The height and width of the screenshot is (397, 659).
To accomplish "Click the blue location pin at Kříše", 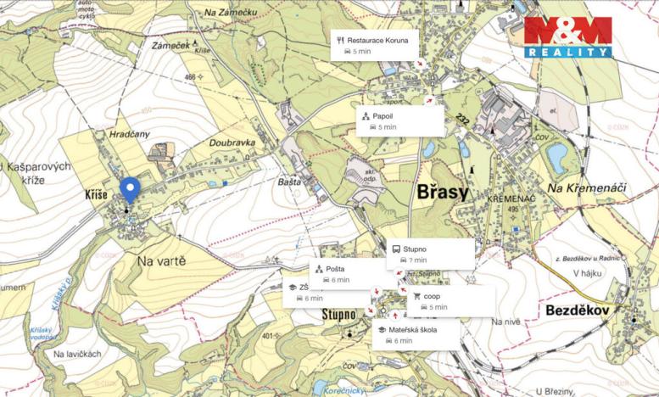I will click(129, 189).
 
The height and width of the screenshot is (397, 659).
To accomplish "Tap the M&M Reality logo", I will click(567, 36).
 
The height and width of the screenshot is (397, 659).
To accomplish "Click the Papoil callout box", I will click(399, 120).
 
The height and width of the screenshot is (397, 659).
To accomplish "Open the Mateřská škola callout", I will click(416, 334).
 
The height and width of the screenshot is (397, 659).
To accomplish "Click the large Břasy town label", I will click(442, 193).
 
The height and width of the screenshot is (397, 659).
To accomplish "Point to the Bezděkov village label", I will click(578, 310).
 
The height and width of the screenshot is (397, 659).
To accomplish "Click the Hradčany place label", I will click(129, 134).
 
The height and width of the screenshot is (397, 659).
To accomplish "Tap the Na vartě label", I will click(161, 261).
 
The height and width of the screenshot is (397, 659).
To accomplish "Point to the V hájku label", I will click(587, 273).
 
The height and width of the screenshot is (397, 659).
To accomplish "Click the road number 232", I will click(461, 118).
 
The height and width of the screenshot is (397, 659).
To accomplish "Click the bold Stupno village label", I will click(339, 315).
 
